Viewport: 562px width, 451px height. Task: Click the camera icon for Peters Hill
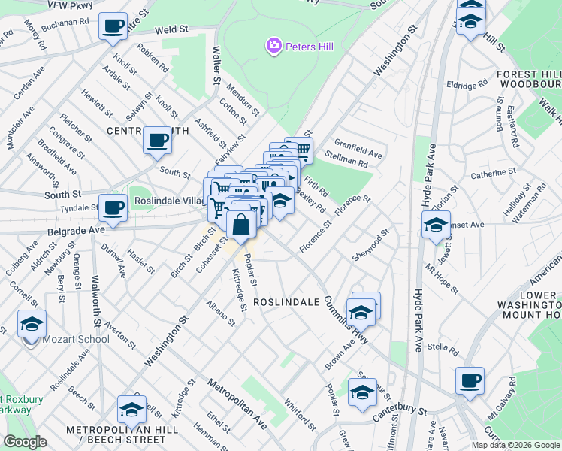(273, 47)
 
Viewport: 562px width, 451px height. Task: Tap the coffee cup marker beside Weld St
(113, 26)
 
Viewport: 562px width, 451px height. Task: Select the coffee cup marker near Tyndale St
(113, 207)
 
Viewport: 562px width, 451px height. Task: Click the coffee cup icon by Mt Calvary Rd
(470, 380)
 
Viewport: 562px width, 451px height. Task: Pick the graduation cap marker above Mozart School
(32, 323)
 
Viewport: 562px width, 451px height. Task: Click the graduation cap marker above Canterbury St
(362, 392)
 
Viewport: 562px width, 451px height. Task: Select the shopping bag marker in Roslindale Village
(240, 224)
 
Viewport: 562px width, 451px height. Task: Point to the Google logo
(25, 442)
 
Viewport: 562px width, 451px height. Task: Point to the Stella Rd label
(443, 349)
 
